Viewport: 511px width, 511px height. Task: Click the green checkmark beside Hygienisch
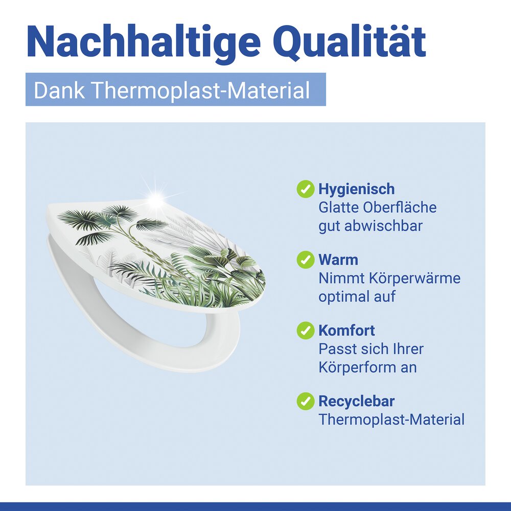pyautogui.click(x=305, y=189)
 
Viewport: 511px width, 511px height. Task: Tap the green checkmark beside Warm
pyautogui.click(x=305, y=260)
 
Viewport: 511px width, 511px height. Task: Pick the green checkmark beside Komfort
pyautogui.click(x=305, y=330)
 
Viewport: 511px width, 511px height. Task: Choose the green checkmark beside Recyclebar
pyautogui.click(x=305, y=401)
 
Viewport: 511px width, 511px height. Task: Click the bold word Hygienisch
pyautogui.click(x=356, y=189)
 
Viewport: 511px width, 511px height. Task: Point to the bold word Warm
pyautogui.click(x=338, y=260)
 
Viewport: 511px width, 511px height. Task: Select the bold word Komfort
pyautogui.click(x=346, y=330)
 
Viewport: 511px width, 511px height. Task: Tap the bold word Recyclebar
pyautogui.click(x=356, y=401)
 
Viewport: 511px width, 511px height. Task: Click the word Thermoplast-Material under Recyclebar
pyautogui.click(x=391, y=420)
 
